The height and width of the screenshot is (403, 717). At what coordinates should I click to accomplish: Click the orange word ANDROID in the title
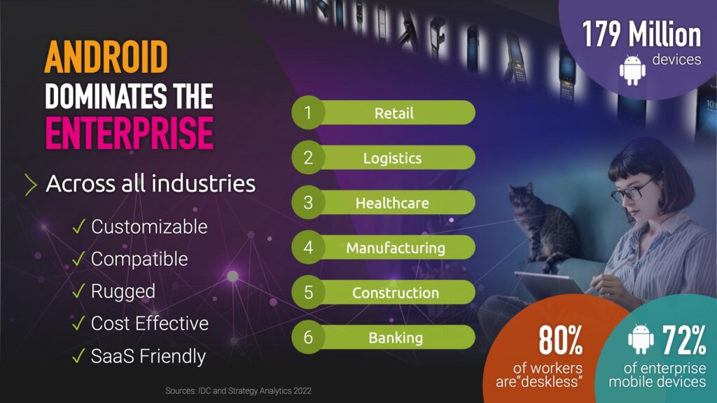pos(106,57)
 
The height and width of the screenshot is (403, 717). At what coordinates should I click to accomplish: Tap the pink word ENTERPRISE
pos(130,133)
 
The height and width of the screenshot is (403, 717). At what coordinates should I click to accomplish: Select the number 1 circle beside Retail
pos(308,113)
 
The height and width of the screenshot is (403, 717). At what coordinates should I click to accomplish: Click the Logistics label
pos(392,158)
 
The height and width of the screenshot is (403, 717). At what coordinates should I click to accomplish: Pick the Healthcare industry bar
pos(383,202)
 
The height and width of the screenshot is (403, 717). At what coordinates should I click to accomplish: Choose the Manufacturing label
pos(396,248)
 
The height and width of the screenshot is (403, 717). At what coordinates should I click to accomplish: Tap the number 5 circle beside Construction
pos(308,292)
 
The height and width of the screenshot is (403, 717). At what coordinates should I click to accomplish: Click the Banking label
pos(396,338)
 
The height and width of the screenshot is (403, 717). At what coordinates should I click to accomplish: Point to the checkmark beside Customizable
pos(78,226)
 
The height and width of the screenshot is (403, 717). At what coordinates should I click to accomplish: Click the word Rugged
pos(123,292)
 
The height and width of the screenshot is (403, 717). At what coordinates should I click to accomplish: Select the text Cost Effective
pos(150,323)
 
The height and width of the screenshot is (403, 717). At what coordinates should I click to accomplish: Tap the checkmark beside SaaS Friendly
pos(78,355)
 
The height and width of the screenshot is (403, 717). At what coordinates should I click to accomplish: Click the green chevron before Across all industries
pos(30,185)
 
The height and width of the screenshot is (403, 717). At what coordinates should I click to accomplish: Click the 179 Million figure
pos(641,34)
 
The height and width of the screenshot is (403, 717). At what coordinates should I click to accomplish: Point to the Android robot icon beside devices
pos(632,70)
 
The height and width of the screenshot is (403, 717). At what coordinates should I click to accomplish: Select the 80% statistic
pos(560,340)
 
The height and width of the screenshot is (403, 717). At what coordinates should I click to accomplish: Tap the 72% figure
pos(684,339)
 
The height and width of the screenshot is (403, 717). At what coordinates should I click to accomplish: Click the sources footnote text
pos(238,390)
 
